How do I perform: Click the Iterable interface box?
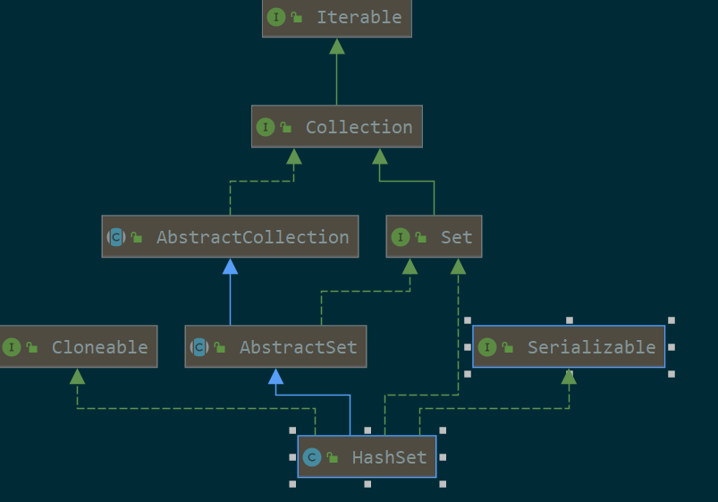pyautogui.click(x=337, y=18)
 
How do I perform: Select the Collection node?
pyautogui.click(x=336, y=127)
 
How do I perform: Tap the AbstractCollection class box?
pyautogui.click(x=230, y=237)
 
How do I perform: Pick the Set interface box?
pyautogui.click(x=435, y=237)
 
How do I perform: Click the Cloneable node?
pyautogui.click(x=78, y=347)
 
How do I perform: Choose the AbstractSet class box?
pyautogui.click(x=275, y=347)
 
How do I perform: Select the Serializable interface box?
pyautogui.click(x=569, y=347)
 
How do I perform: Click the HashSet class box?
pyautogui.click(x=367, y=457)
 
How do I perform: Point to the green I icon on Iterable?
pyautogui.click(x=276, y=17)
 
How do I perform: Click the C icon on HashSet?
pyautogui.click(x=311, y=457)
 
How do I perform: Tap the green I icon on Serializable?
pyautogui.click(x=486, y=347)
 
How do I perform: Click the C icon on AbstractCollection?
pyautogui.click(x=116, y=237)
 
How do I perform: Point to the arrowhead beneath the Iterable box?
pyautogui.click(x=336, y=46)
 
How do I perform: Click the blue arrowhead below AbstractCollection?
pyautogui.click(x=230, y=266)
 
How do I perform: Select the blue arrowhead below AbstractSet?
pyautogui.click(x=275, y=376)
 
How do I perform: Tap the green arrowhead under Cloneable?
pyautogui.click(x=78, y=376)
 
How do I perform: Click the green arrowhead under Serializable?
pyautogui.click(x=569, y=376)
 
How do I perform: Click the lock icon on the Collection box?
pyautogui.click(x=286, y=128)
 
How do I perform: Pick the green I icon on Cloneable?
pyautogui.click(x=12, y=347)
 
